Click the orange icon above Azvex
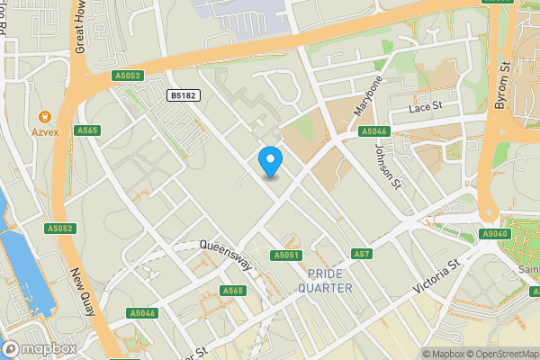(43, 116)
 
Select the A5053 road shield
(128, 76)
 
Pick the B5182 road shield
(184, 94)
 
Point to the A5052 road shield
(59, 229)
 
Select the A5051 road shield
(285, 256)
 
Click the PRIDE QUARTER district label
(329, 281)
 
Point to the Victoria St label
(436, 276)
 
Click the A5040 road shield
(494, 234)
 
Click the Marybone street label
(368, 96)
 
